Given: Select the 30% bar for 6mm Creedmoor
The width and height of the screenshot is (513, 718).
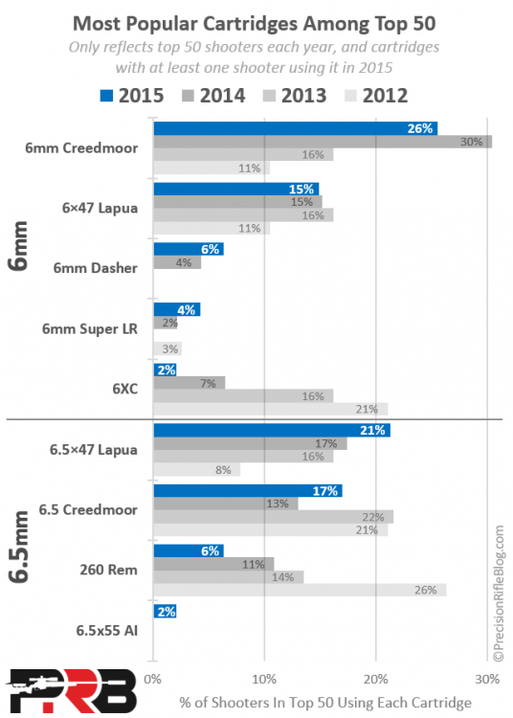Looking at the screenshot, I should (x=322, y=142).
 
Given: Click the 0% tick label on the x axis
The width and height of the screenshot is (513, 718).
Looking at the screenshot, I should (x=152, y=680).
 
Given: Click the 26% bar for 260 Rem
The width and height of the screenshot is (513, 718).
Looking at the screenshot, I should (x=299, y=591).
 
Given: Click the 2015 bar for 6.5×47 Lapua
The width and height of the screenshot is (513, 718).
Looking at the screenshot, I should (x=272, y=431).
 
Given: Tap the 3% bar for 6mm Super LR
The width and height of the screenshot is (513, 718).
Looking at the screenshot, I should (x=167, y=349).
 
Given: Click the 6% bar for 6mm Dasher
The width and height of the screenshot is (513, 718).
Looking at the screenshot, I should (x=188, y=249).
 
